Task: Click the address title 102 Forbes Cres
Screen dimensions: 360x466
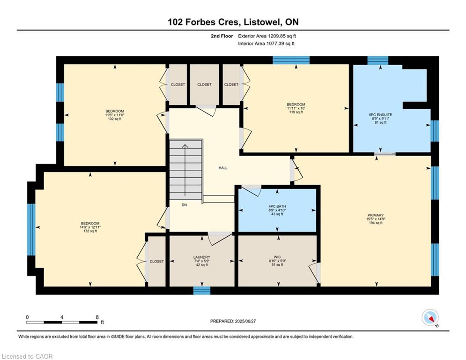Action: click(233, 22)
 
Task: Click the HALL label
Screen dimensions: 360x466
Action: click(223, 168)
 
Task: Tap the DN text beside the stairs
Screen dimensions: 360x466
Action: click(185, 204)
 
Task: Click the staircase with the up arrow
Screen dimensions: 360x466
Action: click(186, 172)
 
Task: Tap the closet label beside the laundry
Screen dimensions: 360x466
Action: click(157, 262)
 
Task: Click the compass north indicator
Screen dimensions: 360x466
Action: click(430, 318)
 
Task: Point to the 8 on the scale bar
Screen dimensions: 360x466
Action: click(97, 317)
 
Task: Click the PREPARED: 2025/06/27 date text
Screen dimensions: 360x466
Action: click(234, 321)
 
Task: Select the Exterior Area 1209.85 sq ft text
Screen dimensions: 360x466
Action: click(267, 36)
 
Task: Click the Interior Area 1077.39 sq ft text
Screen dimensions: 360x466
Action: click(266, 44)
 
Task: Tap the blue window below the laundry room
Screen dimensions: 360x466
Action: click(202, 291)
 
